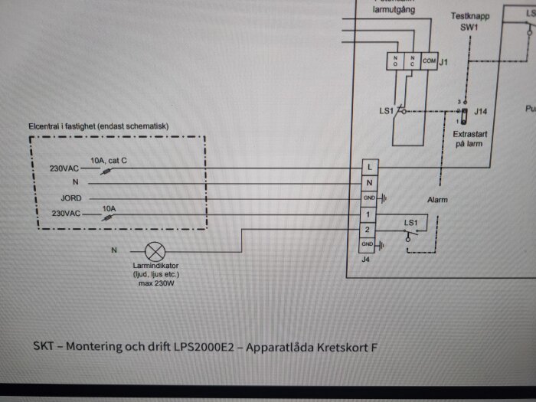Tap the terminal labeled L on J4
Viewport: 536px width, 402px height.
pyautogui.click(x=369, y=167)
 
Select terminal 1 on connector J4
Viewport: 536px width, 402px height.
pyautogui.click(x=369, y=214)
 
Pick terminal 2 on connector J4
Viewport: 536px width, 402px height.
pyautogui.click(x=369, y=229)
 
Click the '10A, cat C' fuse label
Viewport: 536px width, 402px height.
pyautogui.click(x=109, y=160)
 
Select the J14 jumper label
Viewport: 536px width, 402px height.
pyautogui.click(x=480, y=112)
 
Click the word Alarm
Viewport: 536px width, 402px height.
pyautogui.click(x=437, y=200)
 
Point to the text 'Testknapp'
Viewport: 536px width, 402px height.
pyautogui.click(x=469, y=15)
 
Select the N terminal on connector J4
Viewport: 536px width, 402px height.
pyautogui.click(x=369, y=183)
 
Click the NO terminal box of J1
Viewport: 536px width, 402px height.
pyautogui.click(x=395, y=60)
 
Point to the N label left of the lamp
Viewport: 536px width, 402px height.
pyautogui.click(x=115, y=250)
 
